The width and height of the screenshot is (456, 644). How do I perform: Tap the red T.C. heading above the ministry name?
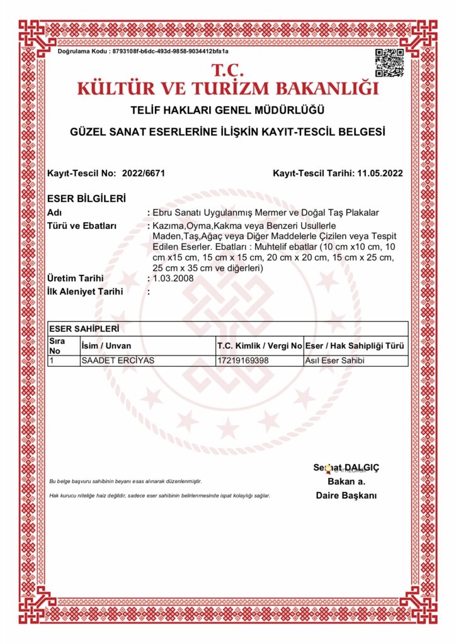tap(228, 69)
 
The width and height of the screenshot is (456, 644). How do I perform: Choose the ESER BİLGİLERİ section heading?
tap(86, 198)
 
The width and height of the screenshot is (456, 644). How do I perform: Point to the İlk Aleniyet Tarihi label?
tap(85, 291)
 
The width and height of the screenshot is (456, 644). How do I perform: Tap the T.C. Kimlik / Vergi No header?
tap(259, 346)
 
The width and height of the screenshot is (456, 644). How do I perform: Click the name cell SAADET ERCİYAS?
tap(118, 361)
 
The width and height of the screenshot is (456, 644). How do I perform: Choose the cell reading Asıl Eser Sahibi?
tap(336, 361)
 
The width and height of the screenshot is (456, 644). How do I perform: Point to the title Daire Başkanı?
tap(346, 496)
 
